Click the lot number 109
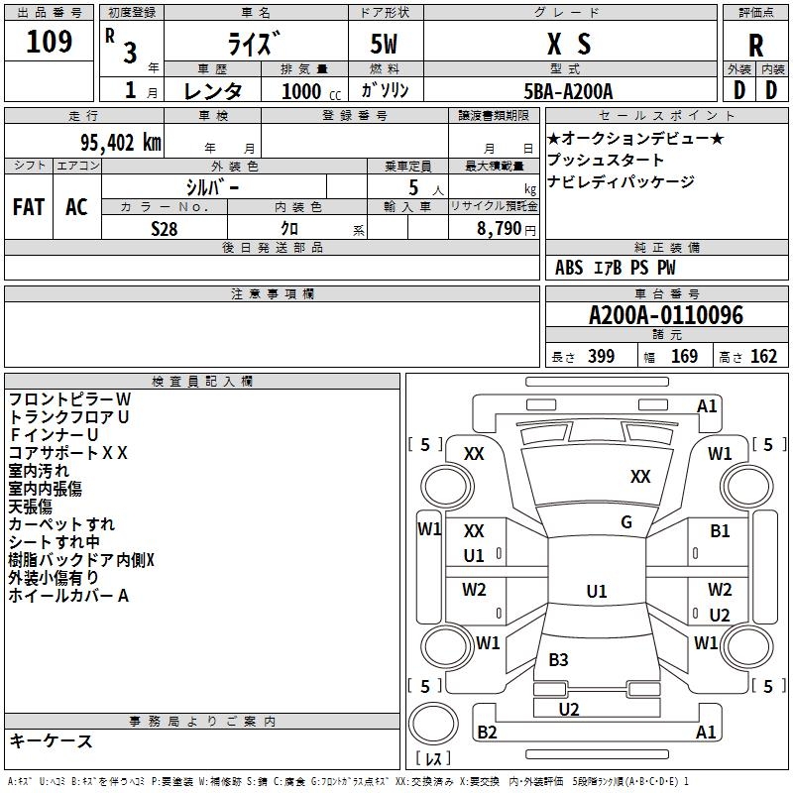49,41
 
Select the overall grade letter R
755,45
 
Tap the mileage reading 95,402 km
121,142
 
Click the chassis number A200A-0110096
666,314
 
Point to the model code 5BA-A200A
568,91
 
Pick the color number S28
165,229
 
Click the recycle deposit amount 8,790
499,228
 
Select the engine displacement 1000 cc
311,91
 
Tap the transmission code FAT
29,206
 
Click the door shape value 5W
384,44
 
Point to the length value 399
601,356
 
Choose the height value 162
763,356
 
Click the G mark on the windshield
626,522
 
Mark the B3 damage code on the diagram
558,659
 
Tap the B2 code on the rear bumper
487,732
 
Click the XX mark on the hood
640,476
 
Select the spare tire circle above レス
433,724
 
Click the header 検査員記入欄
202,382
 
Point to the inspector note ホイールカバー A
68,596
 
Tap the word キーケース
52,740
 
